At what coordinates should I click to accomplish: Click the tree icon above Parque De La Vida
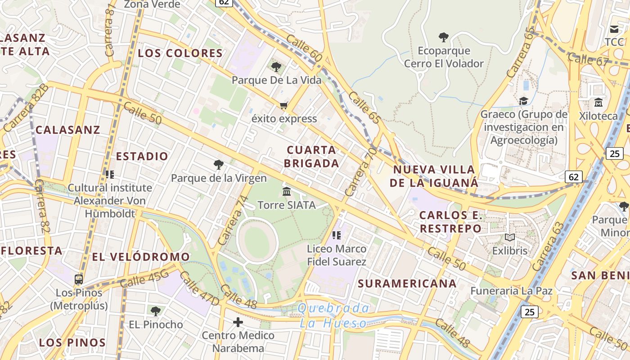pos(276,67)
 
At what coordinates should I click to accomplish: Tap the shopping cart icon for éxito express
pos(283,106)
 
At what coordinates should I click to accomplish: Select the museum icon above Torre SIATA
pos(287,192)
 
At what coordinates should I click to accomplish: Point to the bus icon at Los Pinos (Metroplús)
pos(79,279)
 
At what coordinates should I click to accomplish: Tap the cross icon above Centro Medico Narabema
pos(238,322)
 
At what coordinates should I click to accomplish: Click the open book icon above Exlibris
pos(509,237)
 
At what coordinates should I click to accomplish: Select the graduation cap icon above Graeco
pos(523,101)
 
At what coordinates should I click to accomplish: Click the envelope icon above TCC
pos(614,29)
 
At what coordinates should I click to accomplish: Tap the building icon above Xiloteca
pos(598,103)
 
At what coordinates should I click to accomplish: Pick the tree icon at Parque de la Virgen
pos(219,165)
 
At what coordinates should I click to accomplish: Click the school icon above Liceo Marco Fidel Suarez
pos(336,235)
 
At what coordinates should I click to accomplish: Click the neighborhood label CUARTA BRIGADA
pos(311,156)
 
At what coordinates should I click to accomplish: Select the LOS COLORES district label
pos(180,53)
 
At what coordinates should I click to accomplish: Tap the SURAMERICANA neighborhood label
pos(407,283)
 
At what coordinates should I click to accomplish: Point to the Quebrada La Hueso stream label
pos(333,315)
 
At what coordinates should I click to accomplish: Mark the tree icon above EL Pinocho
pos(155,311)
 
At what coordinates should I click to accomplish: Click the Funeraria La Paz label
pos(511,291)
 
